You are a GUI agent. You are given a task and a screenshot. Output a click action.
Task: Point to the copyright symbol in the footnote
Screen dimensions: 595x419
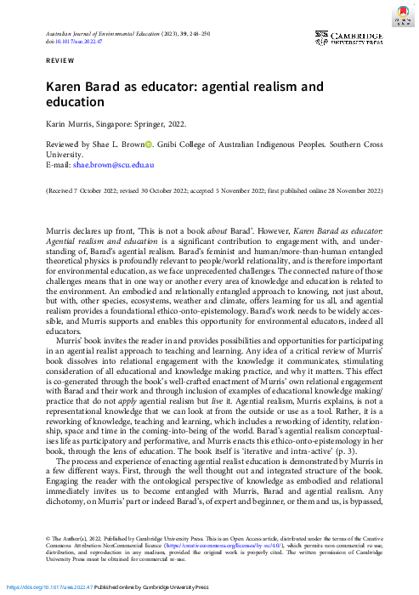(x=49, y=537)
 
